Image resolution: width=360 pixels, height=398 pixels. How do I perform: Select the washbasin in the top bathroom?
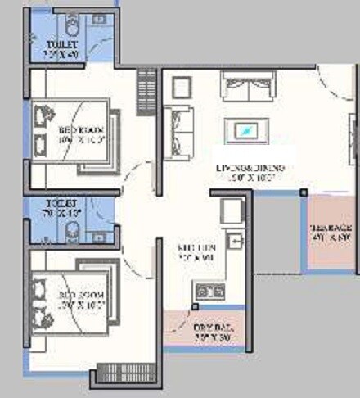[100, 18]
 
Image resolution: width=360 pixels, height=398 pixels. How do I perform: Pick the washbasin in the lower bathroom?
[100, 236]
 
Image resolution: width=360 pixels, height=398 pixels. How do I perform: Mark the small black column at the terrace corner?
[303, 192]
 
